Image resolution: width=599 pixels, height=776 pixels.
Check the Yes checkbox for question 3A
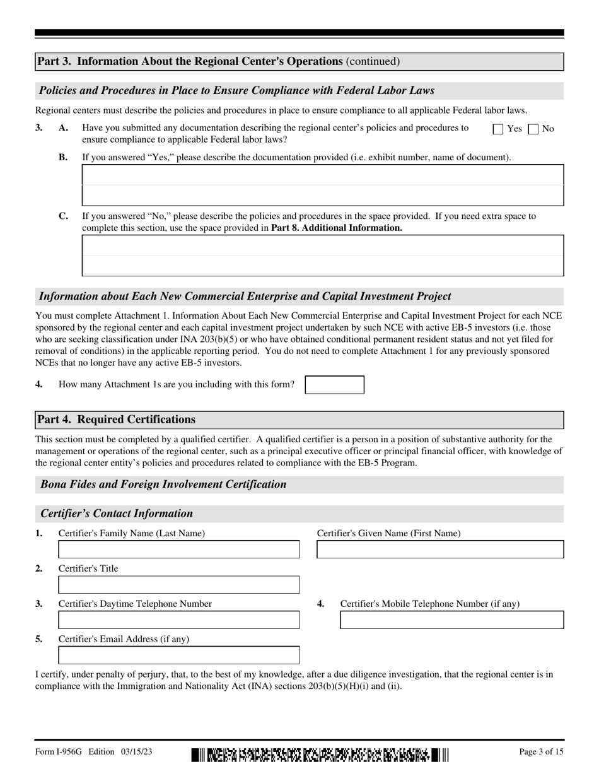tap(498, 129)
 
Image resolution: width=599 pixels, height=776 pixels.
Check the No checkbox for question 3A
tap(533, 129)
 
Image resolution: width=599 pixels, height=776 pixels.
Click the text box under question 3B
tap(322, 185)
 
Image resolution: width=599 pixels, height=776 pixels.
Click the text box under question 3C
tap(322, 256)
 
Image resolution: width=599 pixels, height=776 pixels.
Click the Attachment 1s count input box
tap(334, 385)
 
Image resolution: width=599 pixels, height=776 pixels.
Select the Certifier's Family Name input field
tap(178, 550)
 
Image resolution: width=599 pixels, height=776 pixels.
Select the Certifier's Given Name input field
tap(439, 550)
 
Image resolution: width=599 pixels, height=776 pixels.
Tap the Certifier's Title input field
tap(178, 585)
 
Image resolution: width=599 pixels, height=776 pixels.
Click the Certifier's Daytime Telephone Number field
tap(178, 620)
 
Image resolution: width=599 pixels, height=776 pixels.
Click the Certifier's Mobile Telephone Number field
tap(451, 620)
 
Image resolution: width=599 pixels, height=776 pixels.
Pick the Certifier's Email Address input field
tap(178, 655)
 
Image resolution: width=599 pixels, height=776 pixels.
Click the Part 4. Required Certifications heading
tap(117, 420)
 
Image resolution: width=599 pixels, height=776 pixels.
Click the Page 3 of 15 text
tap(541, 752)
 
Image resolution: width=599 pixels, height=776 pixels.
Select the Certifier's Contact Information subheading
tap(117, 514)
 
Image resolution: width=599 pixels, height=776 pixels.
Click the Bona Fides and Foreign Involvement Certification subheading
tap(163, 485)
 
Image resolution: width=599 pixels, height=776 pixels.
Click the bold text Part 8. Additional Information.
tap(336, 228)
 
